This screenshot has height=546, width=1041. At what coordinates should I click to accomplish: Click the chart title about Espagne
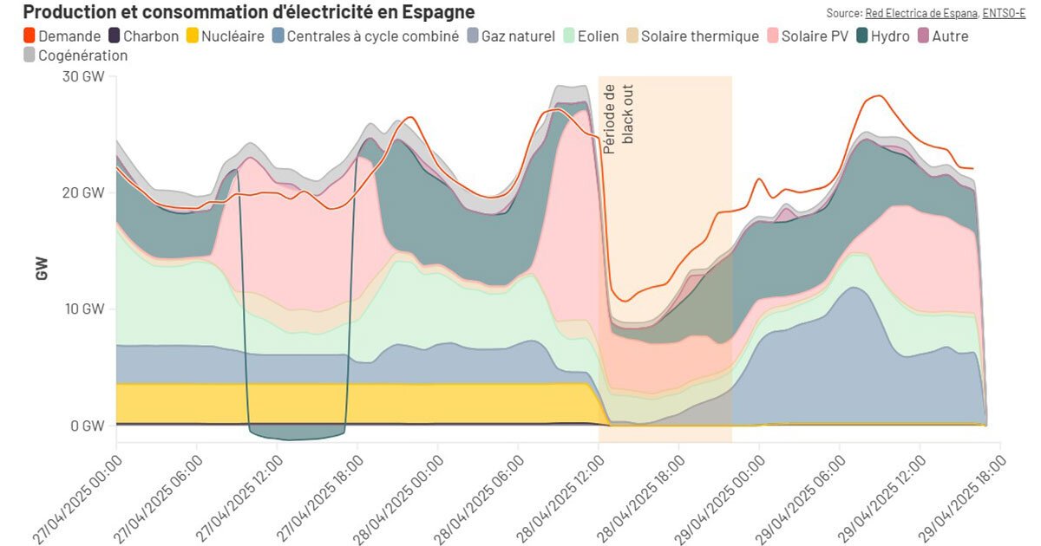[248, 12]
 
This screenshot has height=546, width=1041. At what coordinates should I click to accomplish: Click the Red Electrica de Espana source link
[921, 13]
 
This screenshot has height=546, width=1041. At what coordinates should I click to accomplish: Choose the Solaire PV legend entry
[814, 36]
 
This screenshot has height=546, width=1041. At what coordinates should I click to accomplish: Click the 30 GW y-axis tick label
[83, 76]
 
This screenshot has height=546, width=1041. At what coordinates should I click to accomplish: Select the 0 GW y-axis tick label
[87, 426]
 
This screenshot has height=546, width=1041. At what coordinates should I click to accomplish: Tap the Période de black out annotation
[617, 119]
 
